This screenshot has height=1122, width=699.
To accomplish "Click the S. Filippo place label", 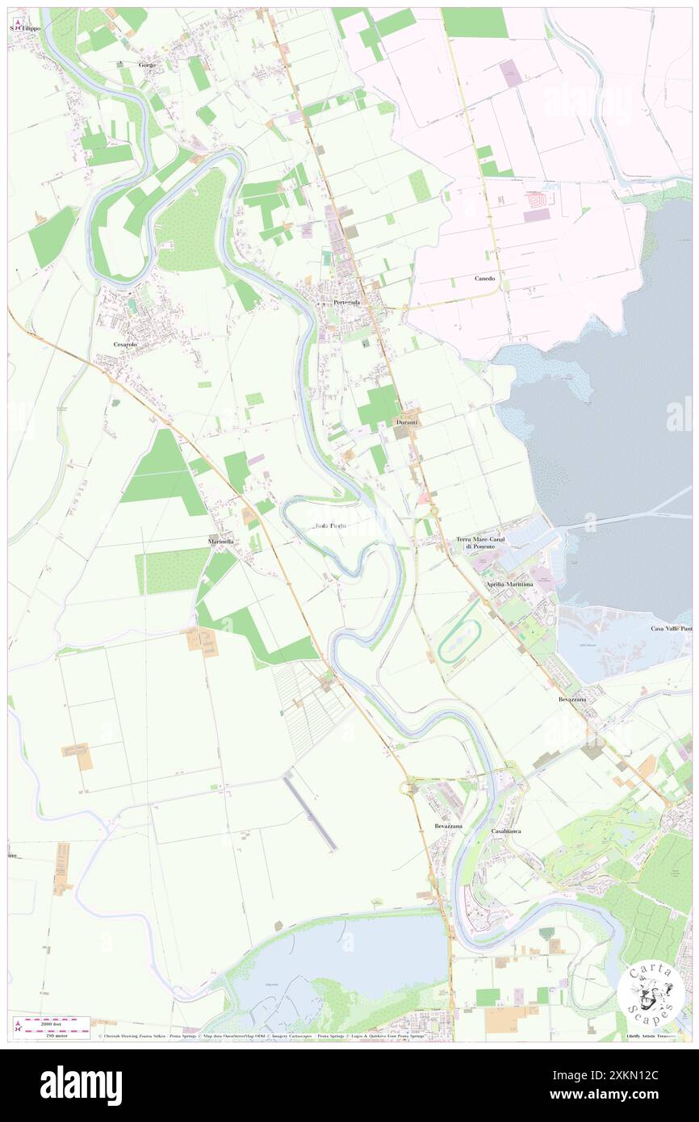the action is [27, 27].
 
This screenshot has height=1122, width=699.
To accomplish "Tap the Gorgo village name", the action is [146, 64].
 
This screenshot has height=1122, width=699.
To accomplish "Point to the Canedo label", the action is [485, 278].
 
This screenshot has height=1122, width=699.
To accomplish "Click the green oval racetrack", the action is [459, 641].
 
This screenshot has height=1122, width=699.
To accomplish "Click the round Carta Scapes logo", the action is [651, 992].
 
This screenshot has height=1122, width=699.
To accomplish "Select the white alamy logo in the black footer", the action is [81, 1084].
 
